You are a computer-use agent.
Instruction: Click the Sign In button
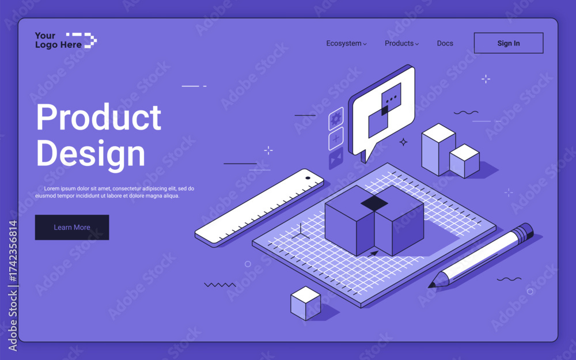pos(508,43)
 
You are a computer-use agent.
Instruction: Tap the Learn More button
pos(72,228)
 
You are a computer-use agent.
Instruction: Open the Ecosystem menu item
pos(346,43)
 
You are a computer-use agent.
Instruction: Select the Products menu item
pos(401,43)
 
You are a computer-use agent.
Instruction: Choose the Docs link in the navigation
pos(445,43)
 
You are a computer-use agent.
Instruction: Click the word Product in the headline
pos(98,118)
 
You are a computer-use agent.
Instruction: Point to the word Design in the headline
pos(90,154)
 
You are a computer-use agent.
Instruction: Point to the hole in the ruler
pos(308,178)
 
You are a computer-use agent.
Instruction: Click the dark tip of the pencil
pos(432,284)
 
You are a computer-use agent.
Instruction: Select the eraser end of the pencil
pos(524,232)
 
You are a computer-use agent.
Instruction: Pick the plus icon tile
pos(336,138)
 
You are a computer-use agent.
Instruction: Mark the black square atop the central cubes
pos(374,203)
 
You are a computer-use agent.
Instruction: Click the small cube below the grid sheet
pos(305,303)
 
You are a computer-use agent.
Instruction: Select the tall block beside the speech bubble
pos(438,149)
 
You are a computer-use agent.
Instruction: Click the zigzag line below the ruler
pos(220,285)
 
